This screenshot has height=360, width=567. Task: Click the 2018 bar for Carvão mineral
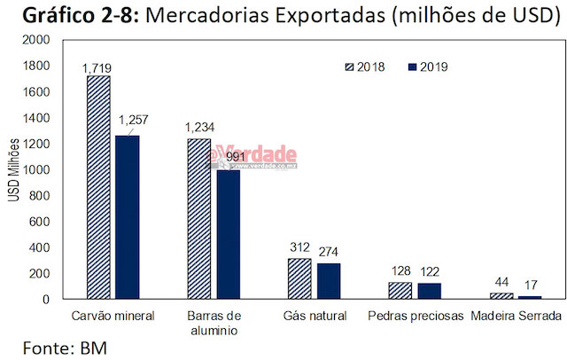point(98,187)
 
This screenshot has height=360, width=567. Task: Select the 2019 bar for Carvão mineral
point(127,217)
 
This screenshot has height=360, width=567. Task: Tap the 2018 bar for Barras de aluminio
point(199,219)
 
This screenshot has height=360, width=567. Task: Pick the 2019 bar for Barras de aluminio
point(228,234)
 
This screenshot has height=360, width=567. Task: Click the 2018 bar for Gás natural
point(300,278)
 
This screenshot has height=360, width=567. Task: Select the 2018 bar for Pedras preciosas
point(401,290)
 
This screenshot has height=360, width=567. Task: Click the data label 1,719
point(97,67)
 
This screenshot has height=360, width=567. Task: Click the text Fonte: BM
point(65,347)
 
